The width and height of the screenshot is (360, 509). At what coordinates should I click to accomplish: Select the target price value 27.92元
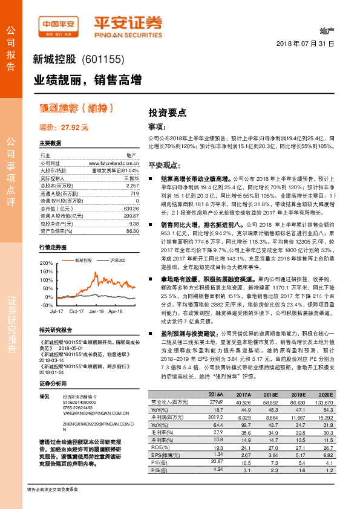point(74,128)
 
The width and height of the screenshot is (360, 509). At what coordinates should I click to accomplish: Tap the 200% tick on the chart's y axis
point(45,264)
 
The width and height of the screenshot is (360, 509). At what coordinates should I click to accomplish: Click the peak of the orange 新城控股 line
point(93,273)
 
